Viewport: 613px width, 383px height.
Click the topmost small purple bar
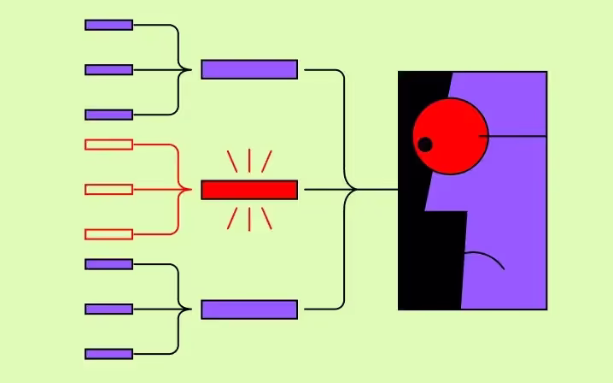[x=108, y=25]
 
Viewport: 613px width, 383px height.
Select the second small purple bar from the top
[x=108, y=69]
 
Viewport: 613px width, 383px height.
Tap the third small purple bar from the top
[x=108, y=115]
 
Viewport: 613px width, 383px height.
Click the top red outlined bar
[x=108, y=144]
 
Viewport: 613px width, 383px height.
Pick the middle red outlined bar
[x=108, y=189]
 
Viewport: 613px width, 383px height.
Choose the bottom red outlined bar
[x=108, y=234]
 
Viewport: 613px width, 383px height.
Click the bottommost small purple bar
[x=108, y=354]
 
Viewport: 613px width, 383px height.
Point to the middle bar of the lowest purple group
[x=108, y=309]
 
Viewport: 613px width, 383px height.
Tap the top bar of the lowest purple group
[x=108, y=264]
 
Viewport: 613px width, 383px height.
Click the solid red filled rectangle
[x=249, y=190]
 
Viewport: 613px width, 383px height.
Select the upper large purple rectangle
[x=249, y=69]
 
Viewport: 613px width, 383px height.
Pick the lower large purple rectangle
[x=249, y=309]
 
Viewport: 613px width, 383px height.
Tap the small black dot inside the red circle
[x=424, y=144]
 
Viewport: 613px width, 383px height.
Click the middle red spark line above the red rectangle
[x=248, y=160]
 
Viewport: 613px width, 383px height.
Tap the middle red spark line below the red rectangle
[x=248, y=219]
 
